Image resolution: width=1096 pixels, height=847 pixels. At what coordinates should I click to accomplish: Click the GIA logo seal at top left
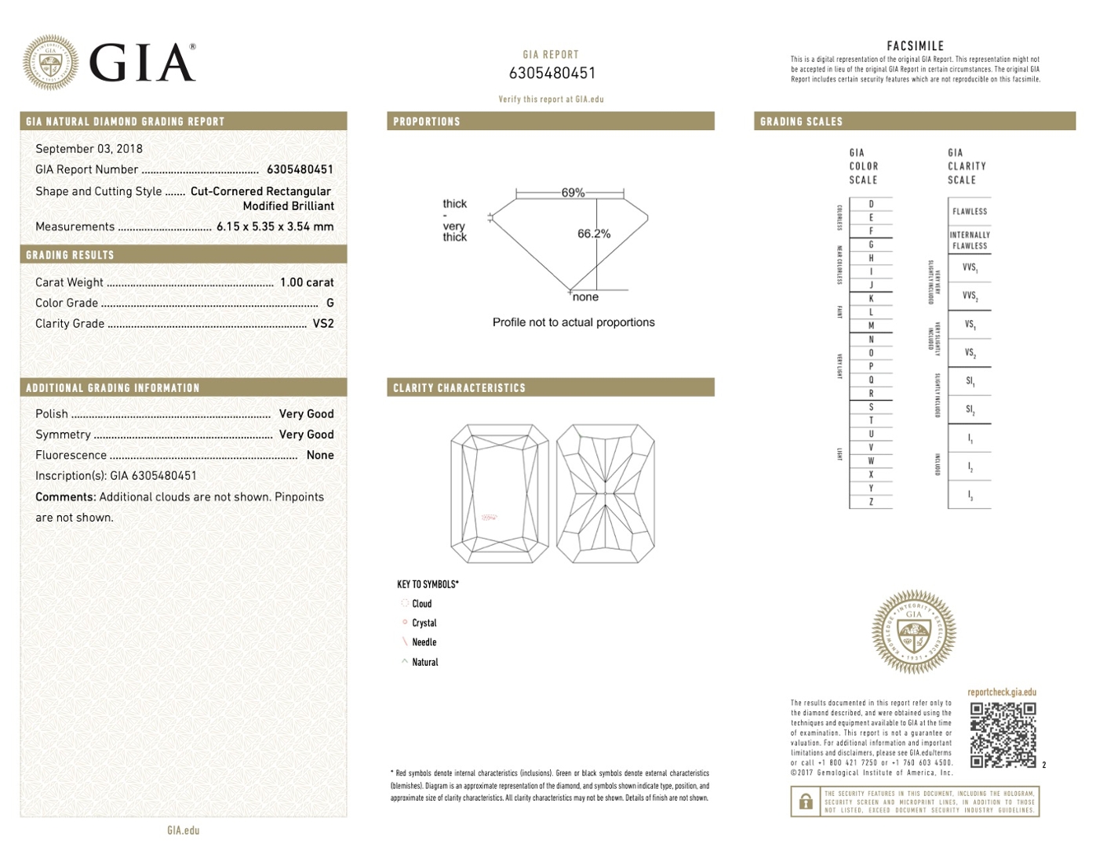[x=51, y=62]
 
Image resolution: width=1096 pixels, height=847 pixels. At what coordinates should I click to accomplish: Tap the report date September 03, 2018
[x=89, y=149]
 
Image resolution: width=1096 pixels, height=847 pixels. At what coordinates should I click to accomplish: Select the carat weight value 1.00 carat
[x=307, y=282]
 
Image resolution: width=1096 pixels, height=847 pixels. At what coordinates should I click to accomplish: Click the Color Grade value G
[x=330, y=303]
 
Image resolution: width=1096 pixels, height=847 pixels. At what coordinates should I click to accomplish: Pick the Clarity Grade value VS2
[x=323, y=323]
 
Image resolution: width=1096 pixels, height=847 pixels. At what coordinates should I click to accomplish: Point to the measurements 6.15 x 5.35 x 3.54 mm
[x=275, y=227]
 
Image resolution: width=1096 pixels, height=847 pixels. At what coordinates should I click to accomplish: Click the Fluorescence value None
[x=320, y=455]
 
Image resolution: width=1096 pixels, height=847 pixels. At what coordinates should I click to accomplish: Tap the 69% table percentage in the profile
[x=573, y=193]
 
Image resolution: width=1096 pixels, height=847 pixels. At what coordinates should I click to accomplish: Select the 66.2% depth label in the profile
[x=594, y=234]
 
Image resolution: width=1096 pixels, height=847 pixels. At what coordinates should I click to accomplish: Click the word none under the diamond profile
[x=585, y=297]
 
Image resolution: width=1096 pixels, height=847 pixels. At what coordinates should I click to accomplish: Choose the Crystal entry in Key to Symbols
[x=424, y=623]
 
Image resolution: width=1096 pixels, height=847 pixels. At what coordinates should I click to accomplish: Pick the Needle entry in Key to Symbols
[x=424, y=642]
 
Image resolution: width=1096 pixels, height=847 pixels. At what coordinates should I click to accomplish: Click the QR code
[x=1003, y=735]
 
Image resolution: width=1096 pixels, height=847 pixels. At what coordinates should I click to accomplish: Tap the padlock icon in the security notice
[x=806, y=802]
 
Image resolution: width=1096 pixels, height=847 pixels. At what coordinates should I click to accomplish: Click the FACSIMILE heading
[x=915, y=46]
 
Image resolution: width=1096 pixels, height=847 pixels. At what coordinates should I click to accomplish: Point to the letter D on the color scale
[x=871, y=204]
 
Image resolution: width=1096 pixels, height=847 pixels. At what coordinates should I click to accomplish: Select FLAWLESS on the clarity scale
[x=970, y=212]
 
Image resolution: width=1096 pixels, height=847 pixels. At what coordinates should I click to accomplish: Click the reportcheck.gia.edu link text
[x=1002, y=693]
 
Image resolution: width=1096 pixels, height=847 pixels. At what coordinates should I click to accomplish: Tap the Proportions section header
[x=427, y=122]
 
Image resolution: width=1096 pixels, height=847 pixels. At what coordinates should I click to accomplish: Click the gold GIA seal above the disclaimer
[x=914, y=632]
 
